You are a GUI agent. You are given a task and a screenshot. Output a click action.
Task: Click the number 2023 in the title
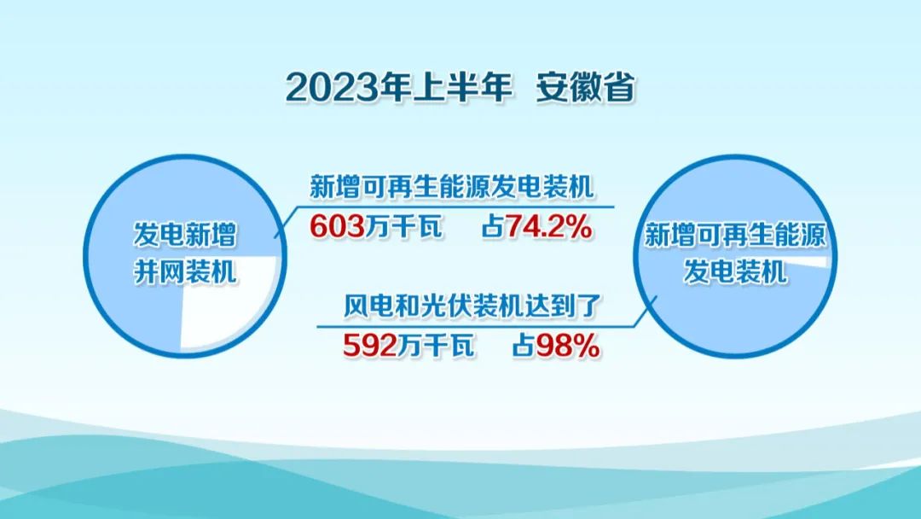point(333,88)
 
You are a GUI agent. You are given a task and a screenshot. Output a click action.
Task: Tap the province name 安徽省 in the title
point(586,88)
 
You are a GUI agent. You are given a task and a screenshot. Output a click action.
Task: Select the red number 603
point(337,225)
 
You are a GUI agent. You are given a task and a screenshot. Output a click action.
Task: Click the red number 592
point(369,346)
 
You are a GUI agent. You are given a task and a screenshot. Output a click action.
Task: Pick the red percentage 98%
point(567,346)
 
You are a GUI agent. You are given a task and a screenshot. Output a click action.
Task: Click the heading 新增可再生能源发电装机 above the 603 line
point(452,187)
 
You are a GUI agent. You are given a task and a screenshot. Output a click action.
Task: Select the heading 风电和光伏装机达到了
point(472,306)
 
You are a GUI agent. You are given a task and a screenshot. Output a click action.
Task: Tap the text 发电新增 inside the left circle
point(184,235)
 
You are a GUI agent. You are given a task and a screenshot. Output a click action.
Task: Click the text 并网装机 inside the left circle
point(184,271)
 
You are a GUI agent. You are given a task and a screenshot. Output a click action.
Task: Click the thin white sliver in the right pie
point(811,261)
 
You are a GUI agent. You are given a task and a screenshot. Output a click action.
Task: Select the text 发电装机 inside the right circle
point(735,272)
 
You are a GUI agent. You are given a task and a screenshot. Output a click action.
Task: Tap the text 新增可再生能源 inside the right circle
point(735,235)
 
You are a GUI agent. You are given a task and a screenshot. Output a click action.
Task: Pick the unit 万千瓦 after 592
point(436,346)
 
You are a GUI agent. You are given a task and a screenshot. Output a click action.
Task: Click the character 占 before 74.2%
point(493,226)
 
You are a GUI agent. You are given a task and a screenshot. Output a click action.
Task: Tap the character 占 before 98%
point(524,346)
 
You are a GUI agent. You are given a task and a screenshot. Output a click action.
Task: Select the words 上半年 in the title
point(462,88)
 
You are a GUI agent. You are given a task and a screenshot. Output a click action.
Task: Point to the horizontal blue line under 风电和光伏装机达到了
point(477,327)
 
